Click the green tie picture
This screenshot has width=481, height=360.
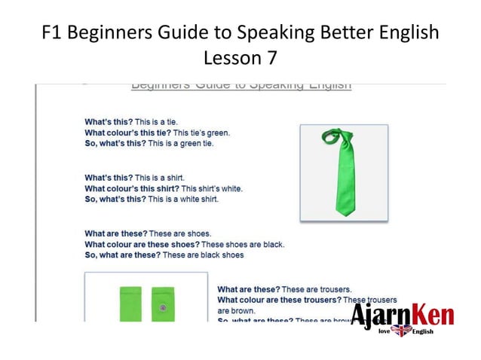click(343, 172)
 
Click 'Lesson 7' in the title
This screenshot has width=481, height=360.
click(240, 57)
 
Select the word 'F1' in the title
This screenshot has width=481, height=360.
click(55, 33)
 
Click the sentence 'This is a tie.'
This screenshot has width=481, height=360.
click(156, 121)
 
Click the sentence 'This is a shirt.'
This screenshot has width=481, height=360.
click(160, 178)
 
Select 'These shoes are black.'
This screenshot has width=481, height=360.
click(243, 244)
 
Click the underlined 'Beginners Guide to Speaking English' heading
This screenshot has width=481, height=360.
click(240, 85)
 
